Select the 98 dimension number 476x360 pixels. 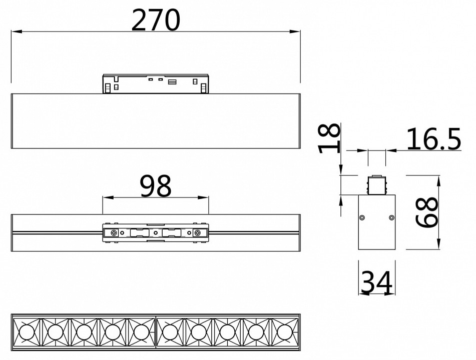[x=155, y=186]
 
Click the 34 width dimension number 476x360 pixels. [x=377, y=283]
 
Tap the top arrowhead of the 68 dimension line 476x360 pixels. [x=438, y=178]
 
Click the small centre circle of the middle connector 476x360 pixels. [x=156, y=232]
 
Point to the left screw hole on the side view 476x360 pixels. [x=362, y=217]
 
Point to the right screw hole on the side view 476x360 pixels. [x=392, y=217]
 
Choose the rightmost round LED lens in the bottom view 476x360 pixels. [x=285, y=331]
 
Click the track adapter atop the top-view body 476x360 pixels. [x=155, y=83]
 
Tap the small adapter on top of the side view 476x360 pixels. [x=377, y=185]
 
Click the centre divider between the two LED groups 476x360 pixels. [x=156, y=331]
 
